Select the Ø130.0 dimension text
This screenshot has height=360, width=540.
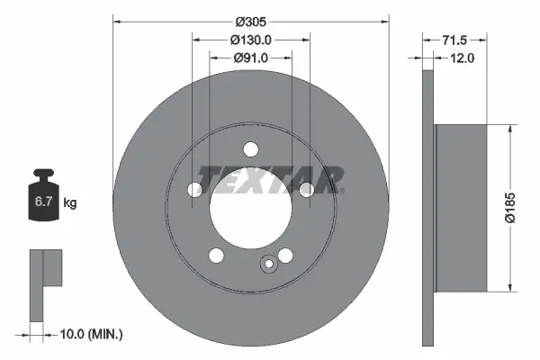[x=251, y=40]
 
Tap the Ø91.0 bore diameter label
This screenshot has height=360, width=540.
[x=251, y=58]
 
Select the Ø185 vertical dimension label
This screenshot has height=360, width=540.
[x=509, y=208]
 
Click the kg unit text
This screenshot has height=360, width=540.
[x=70, y=204]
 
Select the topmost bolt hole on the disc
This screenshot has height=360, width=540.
[x=251, y=150]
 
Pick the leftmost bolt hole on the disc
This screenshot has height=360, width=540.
[x=194, y=189]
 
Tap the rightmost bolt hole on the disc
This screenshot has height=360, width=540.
[x=307, y=189]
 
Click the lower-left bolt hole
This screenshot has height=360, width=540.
[x=217, y=256]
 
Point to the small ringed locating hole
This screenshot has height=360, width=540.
[x=267, y=265]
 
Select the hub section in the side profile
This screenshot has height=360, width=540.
[x=460, y=208]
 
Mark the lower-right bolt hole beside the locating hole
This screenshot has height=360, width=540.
[x=285, y=256]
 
